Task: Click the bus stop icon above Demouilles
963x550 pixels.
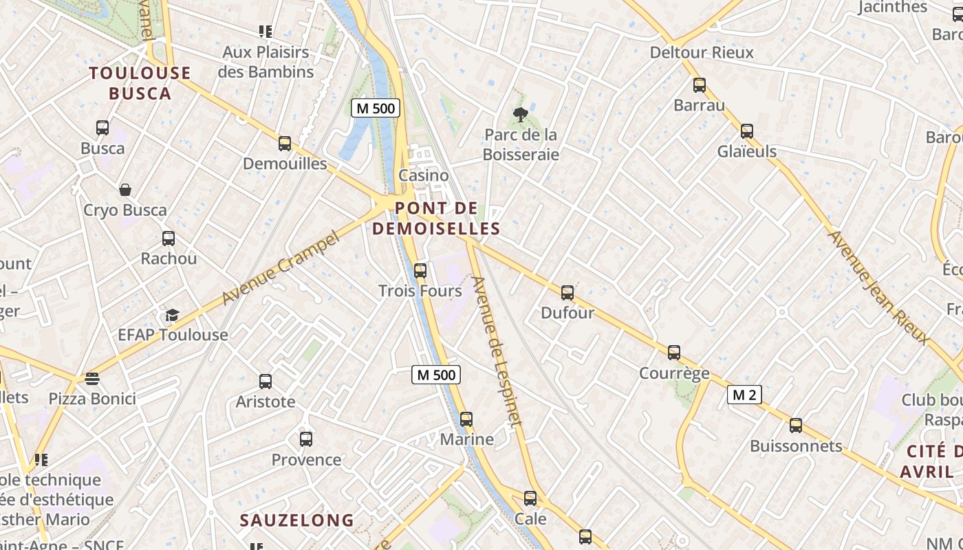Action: point(285,144)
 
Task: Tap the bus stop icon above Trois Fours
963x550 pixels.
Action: point(420,271)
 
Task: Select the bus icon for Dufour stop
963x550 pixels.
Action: point(567,293)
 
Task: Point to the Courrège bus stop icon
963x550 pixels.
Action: point(674,353)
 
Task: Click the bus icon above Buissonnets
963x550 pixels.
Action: point(796,426)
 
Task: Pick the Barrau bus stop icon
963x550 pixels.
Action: point(700,85)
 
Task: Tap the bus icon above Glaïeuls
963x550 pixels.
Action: point(747,131)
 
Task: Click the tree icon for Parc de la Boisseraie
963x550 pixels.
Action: point(521,115)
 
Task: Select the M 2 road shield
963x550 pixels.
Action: point(744,395)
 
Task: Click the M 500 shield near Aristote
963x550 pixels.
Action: point(436,375)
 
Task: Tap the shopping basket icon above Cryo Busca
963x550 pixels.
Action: point(125,190)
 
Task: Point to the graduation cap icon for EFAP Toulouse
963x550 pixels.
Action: point(172,315)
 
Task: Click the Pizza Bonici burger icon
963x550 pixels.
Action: point(92,379)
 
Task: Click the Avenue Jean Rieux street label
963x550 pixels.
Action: point(878,287)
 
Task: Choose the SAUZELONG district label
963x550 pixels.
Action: point(296,520)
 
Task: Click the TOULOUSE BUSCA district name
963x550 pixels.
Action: point(140,82)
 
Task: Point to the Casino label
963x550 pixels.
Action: point(424,175)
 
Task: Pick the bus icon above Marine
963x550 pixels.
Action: point(466,419)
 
